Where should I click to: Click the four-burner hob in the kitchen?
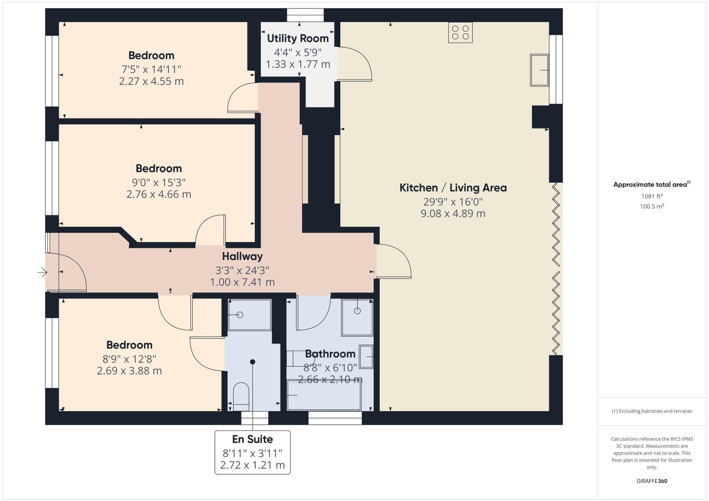click(460, 32)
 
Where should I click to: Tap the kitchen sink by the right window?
click(539, 70)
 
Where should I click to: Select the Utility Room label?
click(298, 38)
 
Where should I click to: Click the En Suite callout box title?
click(252, 439)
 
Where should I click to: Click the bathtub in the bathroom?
click(324, 395)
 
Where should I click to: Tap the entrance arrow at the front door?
click(43, 272)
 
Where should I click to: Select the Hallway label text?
click(242, 256)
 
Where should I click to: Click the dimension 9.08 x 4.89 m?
click(453, 213)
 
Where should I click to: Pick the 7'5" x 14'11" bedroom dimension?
click(151, 69)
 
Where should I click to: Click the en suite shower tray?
click(250, 315)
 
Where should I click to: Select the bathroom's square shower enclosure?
click(357, 317)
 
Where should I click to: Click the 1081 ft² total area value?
click(652, 196)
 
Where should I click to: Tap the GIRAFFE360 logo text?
click(652, 481)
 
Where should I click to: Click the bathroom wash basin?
click(366, 356)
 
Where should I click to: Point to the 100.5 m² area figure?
click(652, 206)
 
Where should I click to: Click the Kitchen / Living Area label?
click(453, 188)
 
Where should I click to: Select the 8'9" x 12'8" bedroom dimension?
click(129, 359)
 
